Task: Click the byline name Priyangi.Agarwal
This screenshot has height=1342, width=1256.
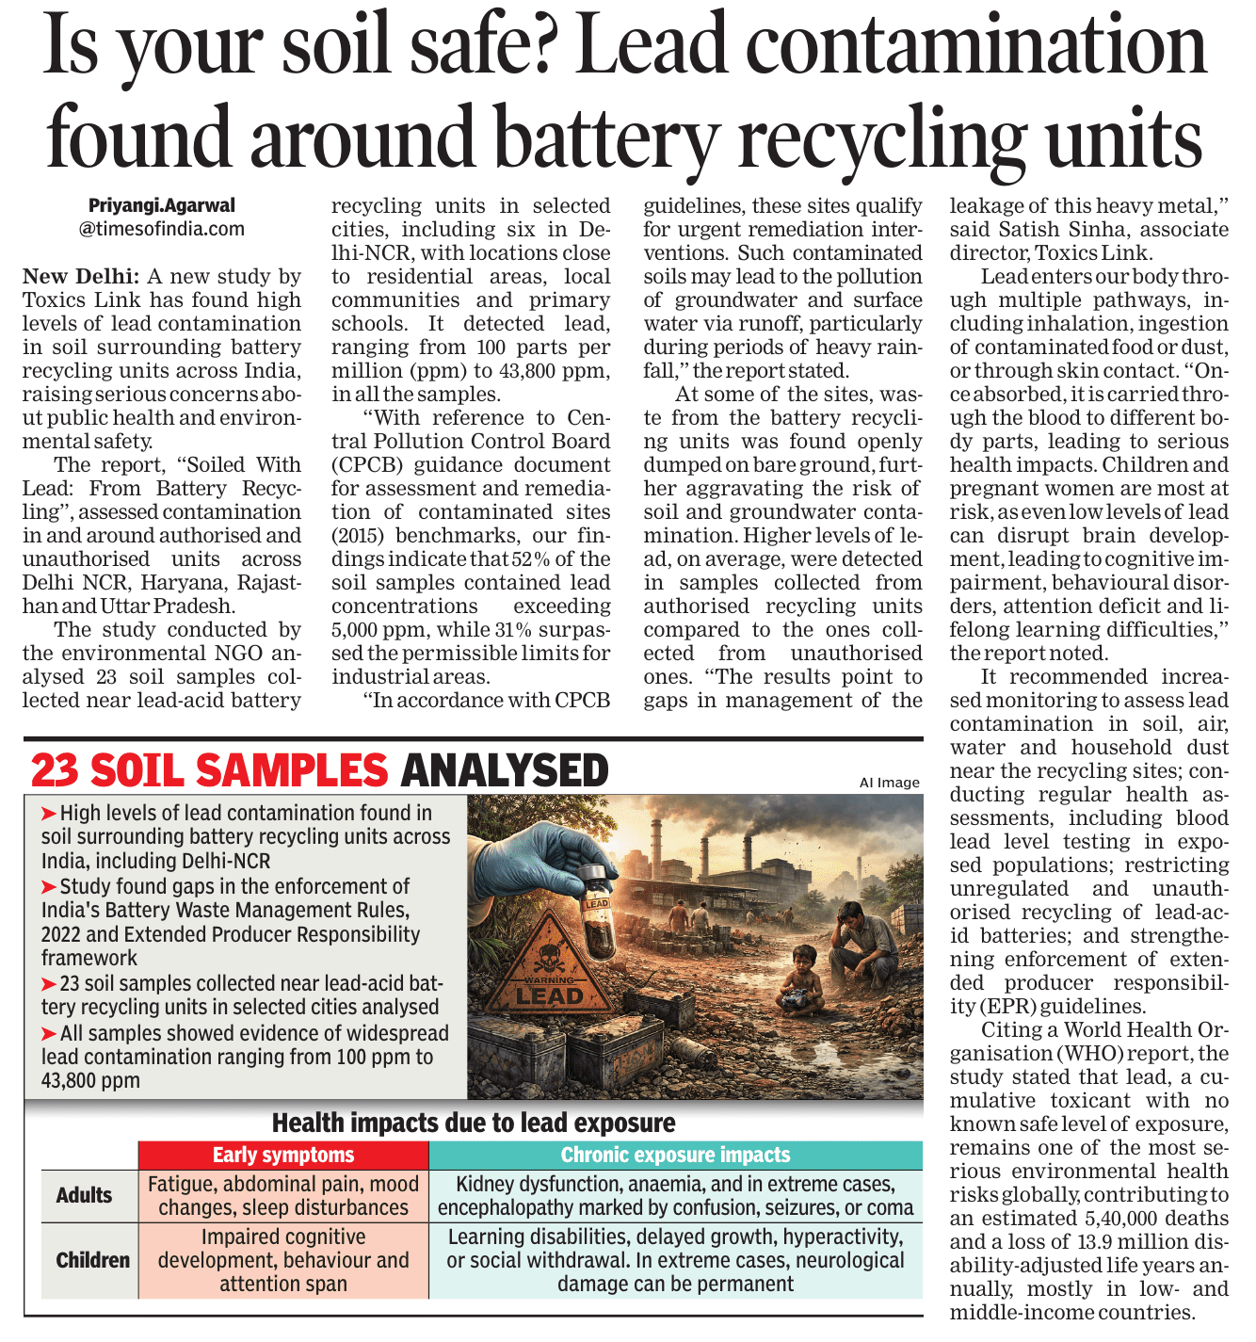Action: [162, 205]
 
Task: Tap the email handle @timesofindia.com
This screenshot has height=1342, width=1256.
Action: [162, 229]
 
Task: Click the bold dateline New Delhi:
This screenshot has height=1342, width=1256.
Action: [81, 277]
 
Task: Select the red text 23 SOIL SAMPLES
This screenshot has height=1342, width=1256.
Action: [209, 770]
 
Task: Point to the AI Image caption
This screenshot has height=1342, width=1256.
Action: [889, 783]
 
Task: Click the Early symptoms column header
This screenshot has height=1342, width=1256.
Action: [283, 1155]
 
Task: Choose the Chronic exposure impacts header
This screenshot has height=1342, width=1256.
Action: [675, 1155]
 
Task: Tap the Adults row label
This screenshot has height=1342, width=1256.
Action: [84, 1195]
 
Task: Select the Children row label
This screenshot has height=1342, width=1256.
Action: [92, 1260]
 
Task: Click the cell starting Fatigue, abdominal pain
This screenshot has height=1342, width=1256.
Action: [283, 1195]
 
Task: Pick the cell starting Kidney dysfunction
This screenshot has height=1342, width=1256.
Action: [675, 1195]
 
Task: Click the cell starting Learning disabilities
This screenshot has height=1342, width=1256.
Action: [675, 1260]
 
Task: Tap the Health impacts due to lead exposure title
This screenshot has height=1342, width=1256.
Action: [474, 1123]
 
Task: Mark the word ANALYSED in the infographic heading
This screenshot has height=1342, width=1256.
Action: [505, 770]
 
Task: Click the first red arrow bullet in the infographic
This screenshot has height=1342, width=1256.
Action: [49, 813]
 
